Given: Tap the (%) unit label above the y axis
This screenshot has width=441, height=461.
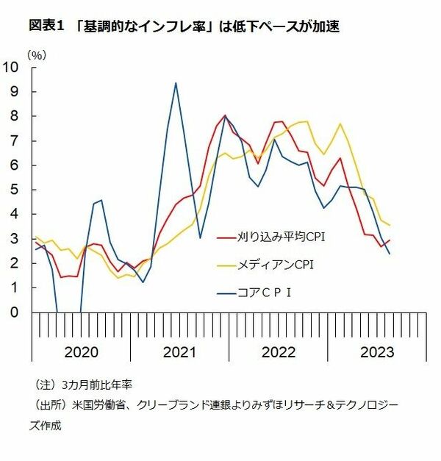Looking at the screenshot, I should point(37,55).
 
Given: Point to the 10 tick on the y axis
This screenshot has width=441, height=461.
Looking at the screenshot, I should point(12,68).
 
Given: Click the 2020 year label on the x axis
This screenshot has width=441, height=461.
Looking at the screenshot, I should point(81,352).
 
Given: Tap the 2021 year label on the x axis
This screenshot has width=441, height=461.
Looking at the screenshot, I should point(179,352).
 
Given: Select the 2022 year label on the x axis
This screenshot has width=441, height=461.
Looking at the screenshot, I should point(278,352).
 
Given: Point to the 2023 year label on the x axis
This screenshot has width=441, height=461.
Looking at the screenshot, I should point(376,352).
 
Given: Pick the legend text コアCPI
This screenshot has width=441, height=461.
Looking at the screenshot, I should point(266,290).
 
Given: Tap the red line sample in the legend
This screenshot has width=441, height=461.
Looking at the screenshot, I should point(226,237).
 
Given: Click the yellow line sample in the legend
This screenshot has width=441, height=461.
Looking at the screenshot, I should point(226,263).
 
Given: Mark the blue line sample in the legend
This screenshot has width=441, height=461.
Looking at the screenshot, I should point(226,290).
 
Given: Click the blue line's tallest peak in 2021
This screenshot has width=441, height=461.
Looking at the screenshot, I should point(175,83).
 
